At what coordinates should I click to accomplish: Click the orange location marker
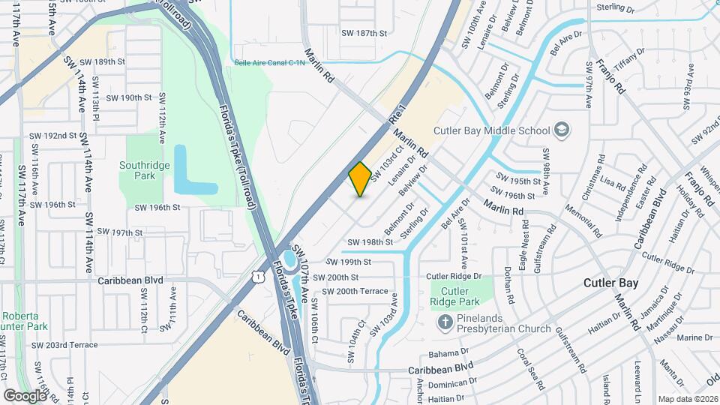tap(360, 179)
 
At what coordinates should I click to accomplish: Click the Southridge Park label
tap(137, 170)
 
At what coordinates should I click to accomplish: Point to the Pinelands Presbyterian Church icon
tap(443, 322)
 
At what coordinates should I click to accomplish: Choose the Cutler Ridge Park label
tap(454, 297)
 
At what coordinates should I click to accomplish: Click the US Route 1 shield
tap(258, 277)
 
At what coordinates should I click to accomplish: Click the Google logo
tap(25, 395)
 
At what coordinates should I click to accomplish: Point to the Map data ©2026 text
tap(687, 399)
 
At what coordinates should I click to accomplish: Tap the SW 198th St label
tap(370, 242)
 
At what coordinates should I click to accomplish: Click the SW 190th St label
tap(129, 97)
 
